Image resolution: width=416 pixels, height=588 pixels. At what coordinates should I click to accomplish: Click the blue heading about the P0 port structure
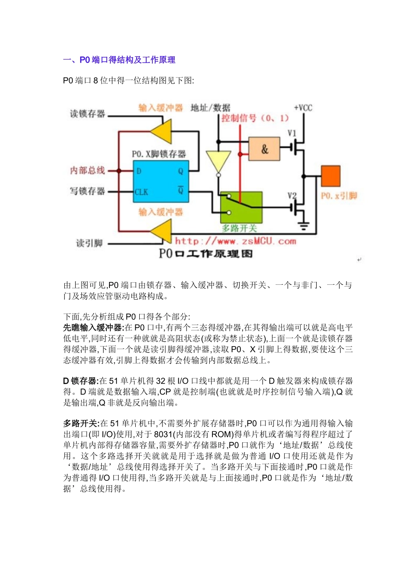119,60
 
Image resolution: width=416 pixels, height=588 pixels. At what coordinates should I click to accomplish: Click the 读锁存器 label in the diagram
88,114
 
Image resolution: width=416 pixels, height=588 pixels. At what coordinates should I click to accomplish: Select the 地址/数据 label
211,108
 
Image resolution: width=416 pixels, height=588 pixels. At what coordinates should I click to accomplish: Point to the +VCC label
303,108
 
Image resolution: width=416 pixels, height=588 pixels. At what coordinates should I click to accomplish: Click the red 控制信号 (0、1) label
255,118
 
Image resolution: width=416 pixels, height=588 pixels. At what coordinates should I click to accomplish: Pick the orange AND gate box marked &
264,149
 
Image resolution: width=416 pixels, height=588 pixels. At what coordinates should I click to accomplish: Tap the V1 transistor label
292,133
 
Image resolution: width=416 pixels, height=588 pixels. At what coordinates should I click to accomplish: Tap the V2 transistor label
292,196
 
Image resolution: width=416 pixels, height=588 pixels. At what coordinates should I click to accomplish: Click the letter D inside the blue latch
139,171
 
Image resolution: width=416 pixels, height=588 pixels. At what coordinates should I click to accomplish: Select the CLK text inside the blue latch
141,192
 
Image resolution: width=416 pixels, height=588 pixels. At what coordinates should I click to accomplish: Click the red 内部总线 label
88,170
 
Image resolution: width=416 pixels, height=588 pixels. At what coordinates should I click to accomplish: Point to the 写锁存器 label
88,191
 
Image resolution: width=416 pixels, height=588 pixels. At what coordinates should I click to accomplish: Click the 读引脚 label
89,243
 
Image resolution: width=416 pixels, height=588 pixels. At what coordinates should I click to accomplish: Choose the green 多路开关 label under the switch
239,228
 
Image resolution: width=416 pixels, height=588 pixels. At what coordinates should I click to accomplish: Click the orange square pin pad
331,176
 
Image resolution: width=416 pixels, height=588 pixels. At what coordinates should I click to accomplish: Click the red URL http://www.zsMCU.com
236,241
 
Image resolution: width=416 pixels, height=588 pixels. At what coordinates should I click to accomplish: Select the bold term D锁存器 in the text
80,381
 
